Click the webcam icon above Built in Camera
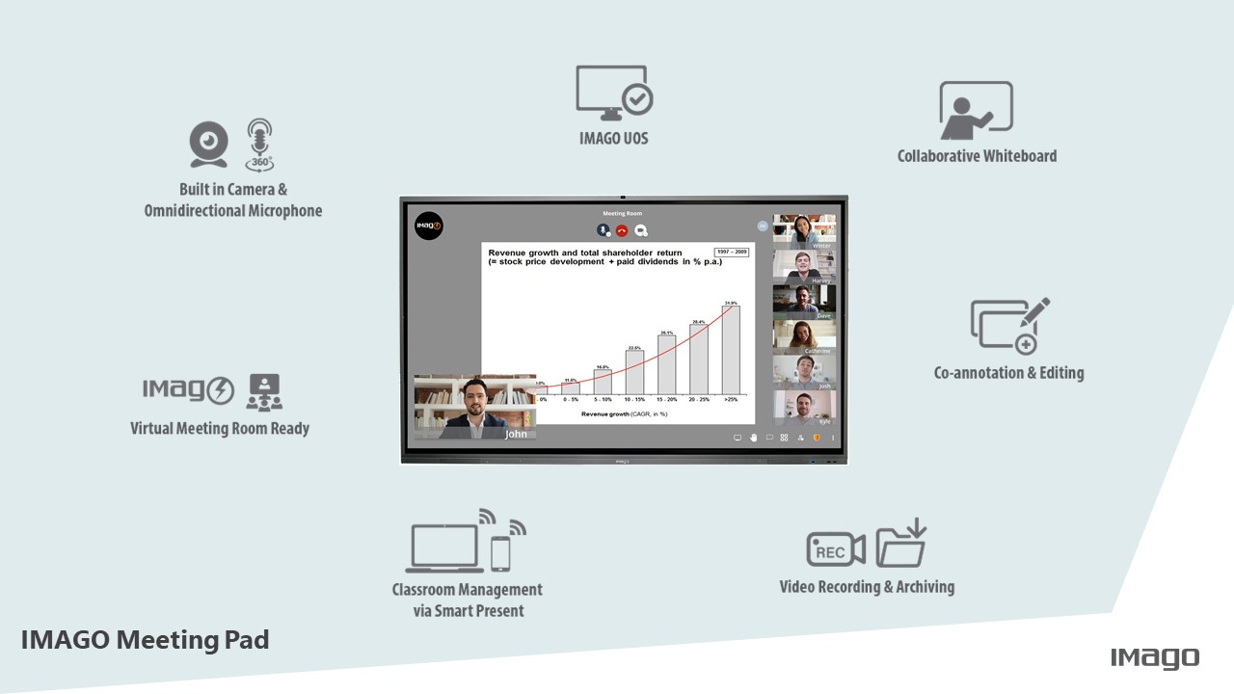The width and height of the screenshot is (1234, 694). [x=208, y=145]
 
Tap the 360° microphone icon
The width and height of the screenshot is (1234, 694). [x=259, y=145]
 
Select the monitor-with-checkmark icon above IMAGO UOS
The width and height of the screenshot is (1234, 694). [x=614, y=93]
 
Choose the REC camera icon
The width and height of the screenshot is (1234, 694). [x=835, y=549]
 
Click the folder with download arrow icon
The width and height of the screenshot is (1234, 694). [x=901, y=545]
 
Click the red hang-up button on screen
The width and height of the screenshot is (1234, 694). [x=622, y=230]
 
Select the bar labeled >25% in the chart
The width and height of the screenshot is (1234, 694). [x=731, y=350]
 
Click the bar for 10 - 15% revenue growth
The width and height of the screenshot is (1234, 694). [x=634, y=372]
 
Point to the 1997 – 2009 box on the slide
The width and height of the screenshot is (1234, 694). [x=732, y=253]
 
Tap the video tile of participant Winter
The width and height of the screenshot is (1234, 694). [x=804, y=232]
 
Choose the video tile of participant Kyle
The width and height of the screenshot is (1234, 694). [x=804, y=408]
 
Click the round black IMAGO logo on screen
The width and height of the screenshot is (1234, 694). [x=428, y=227]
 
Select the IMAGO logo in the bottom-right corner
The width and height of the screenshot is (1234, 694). [x=1155, y=658]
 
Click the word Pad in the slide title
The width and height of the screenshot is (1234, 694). [x=247, y=640]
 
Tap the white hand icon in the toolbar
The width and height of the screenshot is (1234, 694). [x=754, y=438]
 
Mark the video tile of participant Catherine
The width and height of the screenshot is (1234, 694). [x=804, y=337]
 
